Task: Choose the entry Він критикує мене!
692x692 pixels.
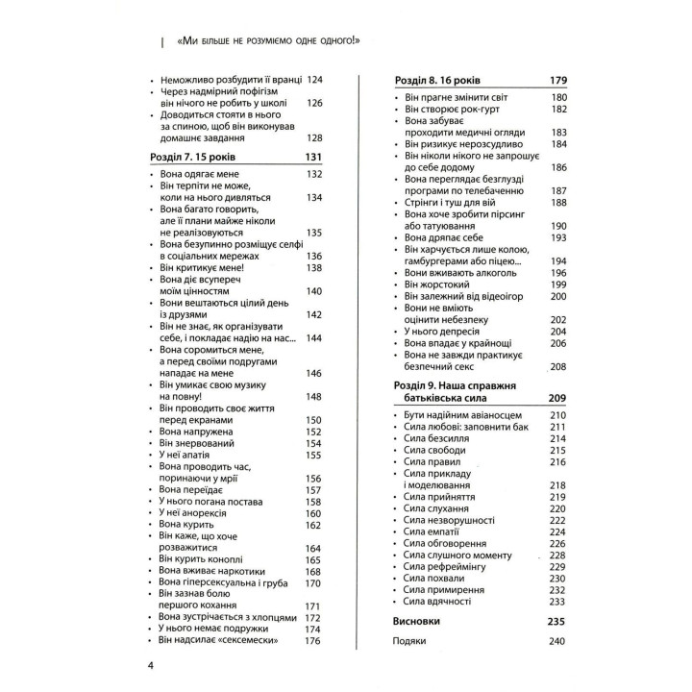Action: pos(201,268)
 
